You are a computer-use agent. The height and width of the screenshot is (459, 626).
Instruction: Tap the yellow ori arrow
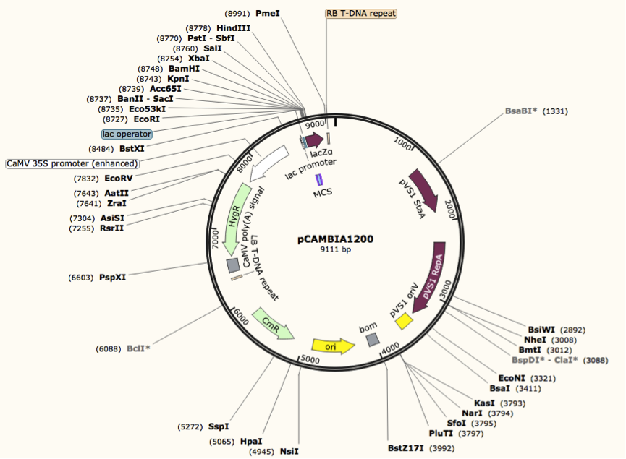pos(333,346)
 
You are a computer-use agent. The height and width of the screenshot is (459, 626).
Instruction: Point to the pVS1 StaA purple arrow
pos(424,190)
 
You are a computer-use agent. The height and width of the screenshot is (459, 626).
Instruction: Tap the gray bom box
pos(372,339)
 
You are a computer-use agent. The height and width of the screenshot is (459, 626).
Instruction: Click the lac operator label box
pos(127,134)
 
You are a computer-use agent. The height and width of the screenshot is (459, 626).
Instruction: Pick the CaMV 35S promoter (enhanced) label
pos(72,164)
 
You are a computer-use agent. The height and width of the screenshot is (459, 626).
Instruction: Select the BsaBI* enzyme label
pos(521,111)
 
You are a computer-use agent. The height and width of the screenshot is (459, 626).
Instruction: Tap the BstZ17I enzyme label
pos(407,448)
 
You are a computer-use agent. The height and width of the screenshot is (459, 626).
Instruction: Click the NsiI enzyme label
pos(289,452)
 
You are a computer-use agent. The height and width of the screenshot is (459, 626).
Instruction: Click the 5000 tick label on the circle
pos(310,359)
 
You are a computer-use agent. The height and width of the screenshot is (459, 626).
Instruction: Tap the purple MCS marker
pos(318,180)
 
